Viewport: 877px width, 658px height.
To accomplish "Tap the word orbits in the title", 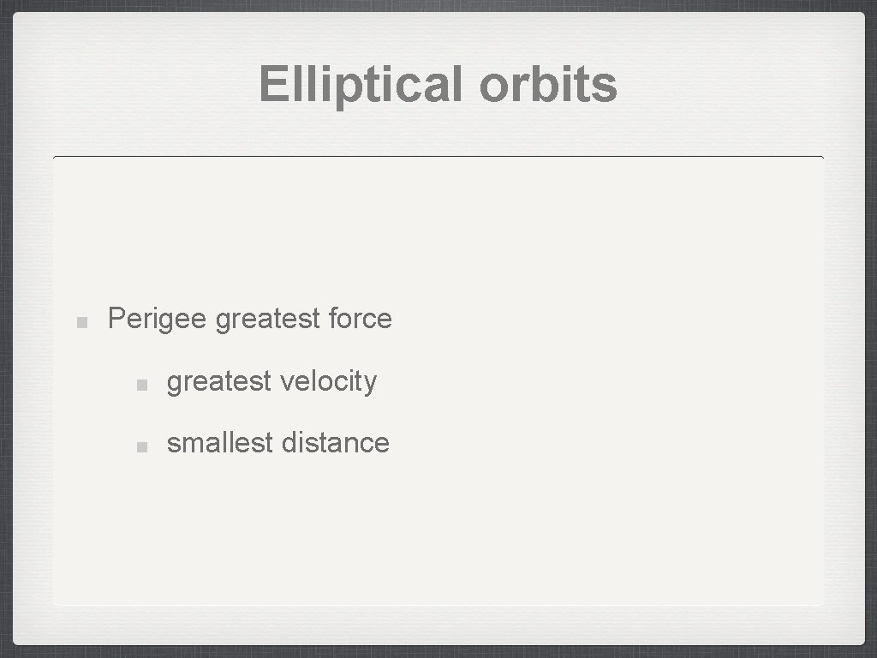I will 548,85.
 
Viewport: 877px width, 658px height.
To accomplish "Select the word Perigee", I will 157,320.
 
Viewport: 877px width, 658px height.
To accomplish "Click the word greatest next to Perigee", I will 267,320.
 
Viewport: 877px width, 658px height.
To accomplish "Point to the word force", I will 360,319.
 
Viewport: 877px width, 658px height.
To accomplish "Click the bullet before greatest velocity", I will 143,384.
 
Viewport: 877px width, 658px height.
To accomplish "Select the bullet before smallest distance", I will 143,446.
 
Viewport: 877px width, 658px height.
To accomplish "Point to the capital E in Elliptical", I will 273,85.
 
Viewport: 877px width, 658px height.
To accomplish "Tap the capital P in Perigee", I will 116,319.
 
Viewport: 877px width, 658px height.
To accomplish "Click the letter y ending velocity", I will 370,383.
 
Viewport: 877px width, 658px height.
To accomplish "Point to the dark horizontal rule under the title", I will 438,158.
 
